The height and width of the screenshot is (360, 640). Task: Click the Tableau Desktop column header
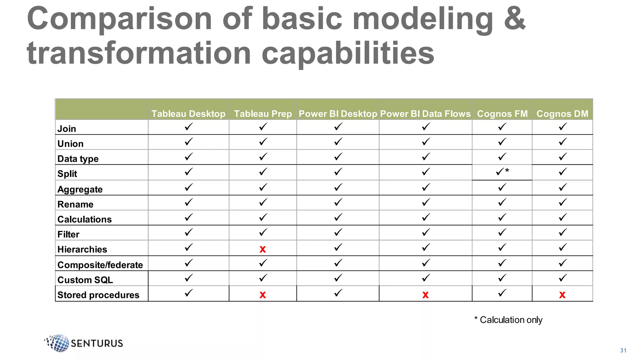click(188, 114)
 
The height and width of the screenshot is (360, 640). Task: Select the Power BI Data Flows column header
click(425, 114)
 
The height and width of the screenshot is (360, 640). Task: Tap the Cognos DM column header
click(562, 114)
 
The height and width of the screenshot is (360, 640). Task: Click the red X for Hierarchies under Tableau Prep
click(262, 249)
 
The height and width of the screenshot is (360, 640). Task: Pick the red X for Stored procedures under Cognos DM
click(562, 295)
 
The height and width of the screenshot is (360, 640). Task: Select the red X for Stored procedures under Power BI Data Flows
click(425, 295)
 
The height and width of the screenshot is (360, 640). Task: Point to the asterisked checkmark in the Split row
click(502, 172)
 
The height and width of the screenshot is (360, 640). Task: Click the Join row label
click(67, 129)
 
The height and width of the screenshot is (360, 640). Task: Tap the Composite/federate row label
click(100, 265)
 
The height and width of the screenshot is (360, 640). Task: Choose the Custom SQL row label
click(85, 280)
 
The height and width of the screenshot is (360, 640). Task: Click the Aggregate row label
click(80, 189)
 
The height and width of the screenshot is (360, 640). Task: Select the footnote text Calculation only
click(511, 320)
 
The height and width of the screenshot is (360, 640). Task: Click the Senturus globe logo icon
click(58, 343)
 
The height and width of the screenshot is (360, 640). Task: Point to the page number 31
click(623, 351)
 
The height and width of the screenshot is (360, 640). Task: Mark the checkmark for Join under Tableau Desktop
click(188, 127)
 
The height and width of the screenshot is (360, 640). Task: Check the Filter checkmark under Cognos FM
click(502, 232)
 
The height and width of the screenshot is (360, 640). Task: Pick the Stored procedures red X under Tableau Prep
click(262, 295)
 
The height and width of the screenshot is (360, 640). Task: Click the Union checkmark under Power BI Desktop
click(338, 142)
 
